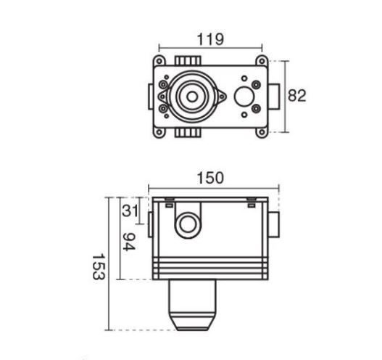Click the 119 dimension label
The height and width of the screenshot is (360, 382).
[x=210, y=39]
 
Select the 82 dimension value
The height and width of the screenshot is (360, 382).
[x=296, y=96]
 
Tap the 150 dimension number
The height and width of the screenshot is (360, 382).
[x=210, y=178]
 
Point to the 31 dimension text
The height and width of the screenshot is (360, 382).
[x=130, y=210]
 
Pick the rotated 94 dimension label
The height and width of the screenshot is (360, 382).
[x=128, y=242]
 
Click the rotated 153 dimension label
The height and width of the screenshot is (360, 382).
[x=99, y=266]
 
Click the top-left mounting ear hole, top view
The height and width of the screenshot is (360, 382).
[x=159, y=61]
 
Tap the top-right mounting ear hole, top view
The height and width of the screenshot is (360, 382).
[x=262, y=61]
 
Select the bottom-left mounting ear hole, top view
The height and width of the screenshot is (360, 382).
[x=159, y=132]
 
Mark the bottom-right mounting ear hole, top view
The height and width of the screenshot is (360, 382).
[x=262, y=132]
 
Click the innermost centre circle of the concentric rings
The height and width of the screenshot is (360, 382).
[x=192, y=97]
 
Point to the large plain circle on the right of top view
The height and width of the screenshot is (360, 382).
[x=244, y=97]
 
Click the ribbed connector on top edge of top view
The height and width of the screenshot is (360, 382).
[x=188, y=61]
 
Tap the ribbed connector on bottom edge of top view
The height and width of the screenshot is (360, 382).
[x=188, y=133]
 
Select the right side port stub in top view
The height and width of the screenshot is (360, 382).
[x=274, y=97]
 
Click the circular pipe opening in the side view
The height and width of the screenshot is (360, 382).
[x=188, y=225]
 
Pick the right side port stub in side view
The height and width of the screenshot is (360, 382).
[x=274, y=224]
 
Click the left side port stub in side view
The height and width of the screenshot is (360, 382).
[x=151, y=224]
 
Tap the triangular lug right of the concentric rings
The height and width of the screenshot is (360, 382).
[x=222, y=97]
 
